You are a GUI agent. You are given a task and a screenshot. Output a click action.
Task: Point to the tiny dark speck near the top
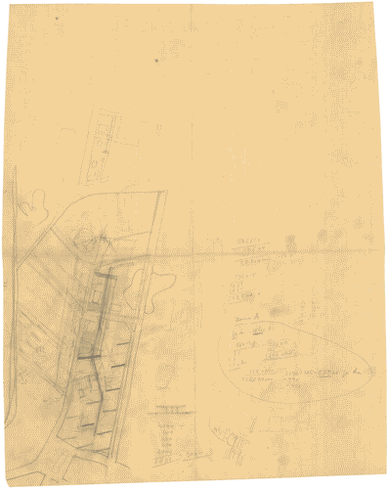(x=155, y=61)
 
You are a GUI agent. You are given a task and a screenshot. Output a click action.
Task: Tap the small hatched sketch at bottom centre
(x=233, y=442)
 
